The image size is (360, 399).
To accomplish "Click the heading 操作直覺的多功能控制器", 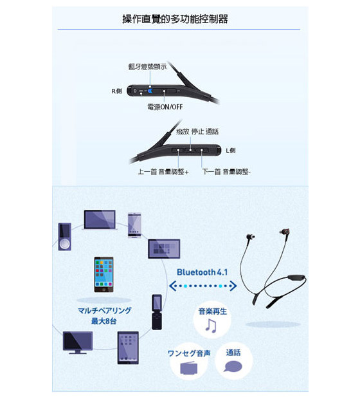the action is (175, 19).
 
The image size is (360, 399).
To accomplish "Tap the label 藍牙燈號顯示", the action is (147, 67).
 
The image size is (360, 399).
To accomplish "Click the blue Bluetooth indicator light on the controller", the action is (150, 91).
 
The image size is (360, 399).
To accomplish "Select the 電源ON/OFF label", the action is (165, 107).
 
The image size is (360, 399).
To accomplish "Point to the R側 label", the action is (117, 91).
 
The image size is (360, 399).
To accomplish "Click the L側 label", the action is (231, 151).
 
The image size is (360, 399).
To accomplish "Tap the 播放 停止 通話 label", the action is (197, 131).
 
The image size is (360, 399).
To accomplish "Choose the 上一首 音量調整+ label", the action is (163, 172).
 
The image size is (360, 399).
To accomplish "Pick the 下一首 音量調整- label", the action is (226, 172).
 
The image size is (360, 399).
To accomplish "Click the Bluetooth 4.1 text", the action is (202, 272).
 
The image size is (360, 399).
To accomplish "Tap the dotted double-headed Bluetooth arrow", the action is (203, 286).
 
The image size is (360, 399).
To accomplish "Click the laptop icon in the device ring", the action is (100, 220).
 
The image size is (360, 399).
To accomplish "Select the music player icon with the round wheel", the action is (64, 237).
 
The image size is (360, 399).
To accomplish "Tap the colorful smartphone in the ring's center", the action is (104, 275).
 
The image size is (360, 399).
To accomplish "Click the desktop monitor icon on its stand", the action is (78, 342).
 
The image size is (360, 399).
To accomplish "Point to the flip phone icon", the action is (157, 312).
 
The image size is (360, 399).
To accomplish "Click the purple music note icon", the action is (211, 326).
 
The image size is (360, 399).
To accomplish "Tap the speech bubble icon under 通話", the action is (233, 367).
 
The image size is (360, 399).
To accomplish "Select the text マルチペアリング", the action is (105, 311).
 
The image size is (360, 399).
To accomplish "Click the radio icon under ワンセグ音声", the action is (188, 368).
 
